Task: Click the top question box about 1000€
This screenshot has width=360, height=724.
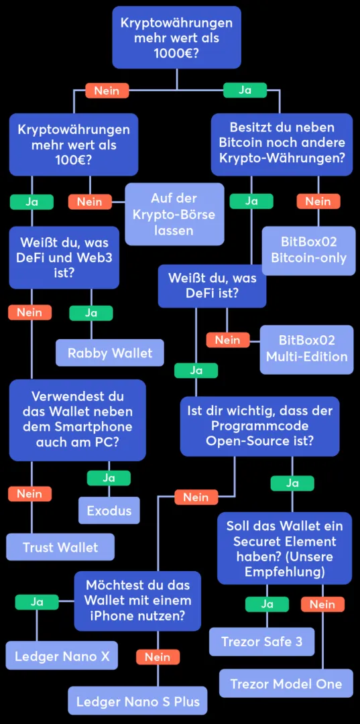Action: [176, 38]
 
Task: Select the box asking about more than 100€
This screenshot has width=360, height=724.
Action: [74, 145]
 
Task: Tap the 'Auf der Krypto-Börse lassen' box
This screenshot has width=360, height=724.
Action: [174, 214]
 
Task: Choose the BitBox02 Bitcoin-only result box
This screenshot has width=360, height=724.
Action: [308, 250]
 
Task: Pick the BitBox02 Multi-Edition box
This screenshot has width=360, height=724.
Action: [306, 349]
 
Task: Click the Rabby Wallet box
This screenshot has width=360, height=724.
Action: [109, 353]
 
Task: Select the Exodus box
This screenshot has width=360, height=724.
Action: [109, 511]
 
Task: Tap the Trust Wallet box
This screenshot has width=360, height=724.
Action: [60, 547]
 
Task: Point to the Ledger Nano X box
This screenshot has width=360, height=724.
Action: [62, 656]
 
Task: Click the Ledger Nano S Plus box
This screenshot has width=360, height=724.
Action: [137, 701]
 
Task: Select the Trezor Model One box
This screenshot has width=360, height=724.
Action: [286, 684]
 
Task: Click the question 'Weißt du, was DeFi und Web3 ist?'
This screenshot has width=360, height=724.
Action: [64, 257]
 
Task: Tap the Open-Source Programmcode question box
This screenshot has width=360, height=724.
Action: [259, 426]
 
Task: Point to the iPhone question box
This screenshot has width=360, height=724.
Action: [137, 601]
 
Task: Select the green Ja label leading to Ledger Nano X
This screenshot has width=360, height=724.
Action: [37, 602]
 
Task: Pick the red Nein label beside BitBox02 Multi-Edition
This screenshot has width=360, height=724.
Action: [227, 340]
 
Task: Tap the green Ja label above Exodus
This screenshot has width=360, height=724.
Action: [109, 478]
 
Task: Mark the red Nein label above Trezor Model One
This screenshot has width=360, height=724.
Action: [322, 604]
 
